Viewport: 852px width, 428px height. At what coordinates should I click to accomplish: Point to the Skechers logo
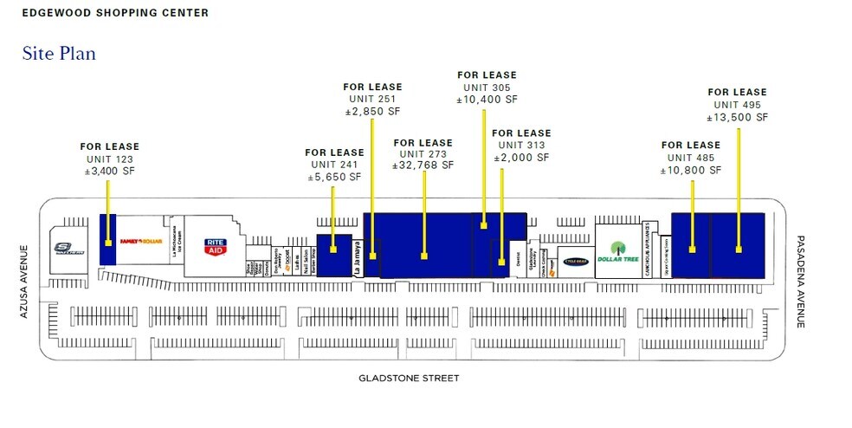click(x=68, y=248)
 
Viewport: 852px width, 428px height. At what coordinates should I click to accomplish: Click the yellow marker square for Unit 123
click(x=107, y=243)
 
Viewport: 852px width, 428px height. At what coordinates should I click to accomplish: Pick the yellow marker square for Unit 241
click(x=332, y=249)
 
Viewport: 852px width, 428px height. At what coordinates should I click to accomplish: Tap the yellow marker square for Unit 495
click(x=739, y=250)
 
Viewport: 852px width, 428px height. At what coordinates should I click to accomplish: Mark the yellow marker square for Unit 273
click(x=424, y=256)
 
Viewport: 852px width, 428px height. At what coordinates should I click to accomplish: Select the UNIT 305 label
click(x=487, y=88)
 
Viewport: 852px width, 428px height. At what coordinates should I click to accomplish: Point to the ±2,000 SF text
click(x=520, y=157)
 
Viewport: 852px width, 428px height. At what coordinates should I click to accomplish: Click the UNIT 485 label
click(x=690, y=158)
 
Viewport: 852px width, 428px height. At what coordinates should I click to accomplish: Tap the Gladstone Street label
click(x=409, y=378)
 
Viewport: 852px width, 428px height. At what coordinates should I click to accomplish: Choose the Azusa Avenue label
click(x=25, y=281)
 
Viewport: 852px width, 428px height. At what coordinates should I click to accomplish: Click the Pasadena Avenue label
click(x=801, y=281)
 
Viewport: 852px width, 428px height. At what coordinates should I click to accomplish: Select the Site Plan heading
click(x=59, y=54)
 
